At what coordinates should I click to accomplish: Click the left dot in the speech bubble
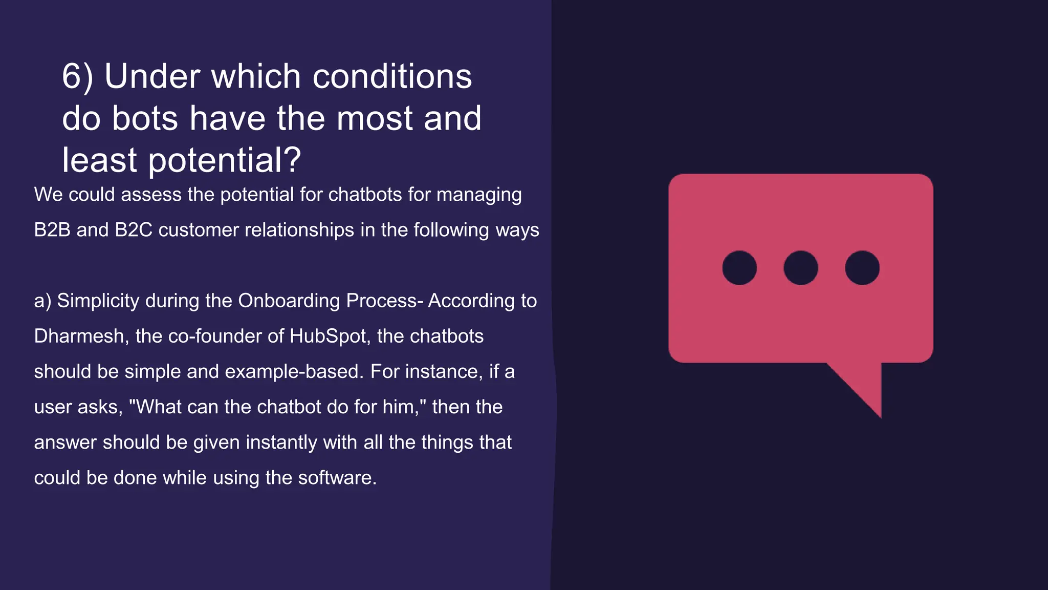point(739,268)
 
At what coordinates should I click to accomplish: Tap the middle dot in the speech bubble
point(801,268)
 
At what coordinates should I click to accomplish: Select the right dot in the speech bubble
point(862,268)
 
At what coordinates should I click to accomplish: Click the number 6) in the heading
point(77,77)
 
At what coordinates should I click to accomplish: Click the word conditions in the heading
point(392,77)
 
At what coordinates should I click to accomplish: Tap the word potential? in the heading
point(225,161)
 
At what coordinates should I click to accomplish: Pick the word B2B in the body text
point(52,230)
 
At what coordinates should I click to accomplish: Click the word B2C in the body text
point(134,230)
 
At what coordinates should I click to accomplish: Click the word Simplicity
point(98,301)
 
